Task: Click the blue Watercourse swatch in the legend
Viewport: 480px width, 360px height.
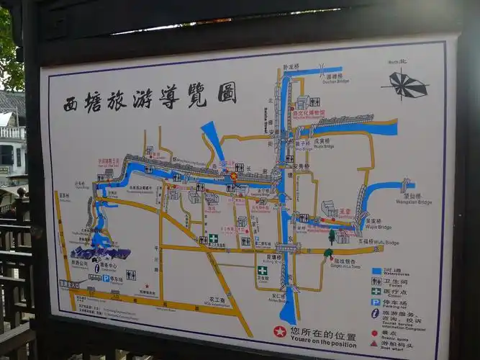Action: click(x=376, y=271)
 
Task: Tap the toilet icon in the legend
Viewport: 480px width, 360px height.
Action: click(x=376, y=282)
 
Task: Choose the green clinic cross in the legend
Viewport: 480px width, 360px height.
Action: click(x=376, y=292)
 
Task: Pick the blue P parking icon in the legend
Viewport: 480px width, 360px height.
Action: click(x=376, y=302)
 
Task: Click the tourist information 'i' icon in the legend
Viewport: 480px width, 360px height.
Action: click(x=376, y=313)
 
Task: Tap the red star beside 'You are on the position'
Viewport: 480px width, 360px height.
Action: click(x=279, y=332)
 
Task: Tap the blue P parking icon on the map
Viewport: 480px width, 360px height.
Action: click(x=106, y=278)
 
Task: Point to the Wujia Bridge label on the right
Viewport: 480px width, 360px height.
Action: click(x=378, y=228)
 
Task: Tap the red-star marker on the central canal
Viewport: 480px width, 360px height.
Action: click(x=233, y=176)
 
